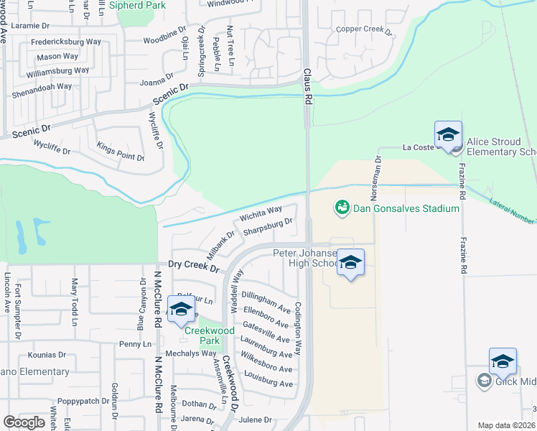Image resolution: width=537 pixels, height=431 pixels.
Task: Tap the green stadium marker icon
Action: click(x=342, y=208)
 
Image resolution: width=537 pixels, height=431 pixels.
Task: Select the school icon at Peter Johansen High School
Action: click(x=350, y=263)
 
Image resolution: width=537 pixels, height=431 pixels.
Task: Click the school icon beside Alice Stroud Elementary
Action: click(x=448, y=135)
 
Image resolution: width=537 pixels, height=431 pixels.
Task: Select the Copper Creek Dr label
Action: click(x=365, y=31)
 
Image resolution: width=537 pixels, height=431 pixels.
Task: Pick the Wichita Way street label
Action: click(x=261, y=213)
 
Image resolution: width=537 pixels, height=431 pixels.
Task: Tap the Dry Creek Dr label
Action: click(x=193, y=266)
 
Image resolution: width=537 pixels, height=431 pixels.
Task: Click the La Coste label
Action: click(x=415, y=148)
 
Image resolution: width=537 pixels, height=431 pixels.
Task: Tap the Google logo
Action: click(x=24, y=422)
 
